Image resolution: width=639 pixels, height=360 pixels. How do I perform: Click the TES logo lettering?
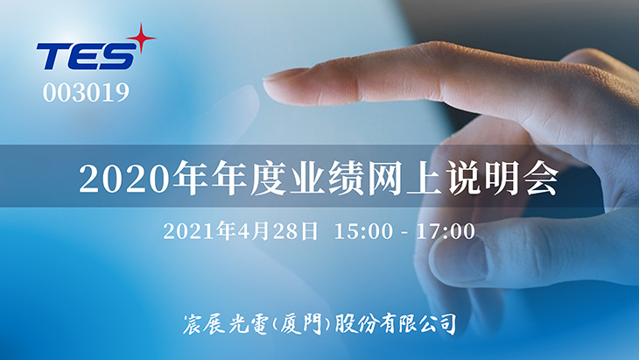[85, 57]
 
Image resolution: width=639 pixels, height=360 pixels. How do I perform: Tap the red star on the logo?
[139, 38]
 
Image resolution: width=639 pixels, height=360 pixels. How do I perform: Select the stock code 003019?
[86, 93]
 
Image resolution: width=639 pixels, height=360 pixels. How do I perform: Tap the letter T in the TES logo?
[53, 58]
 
